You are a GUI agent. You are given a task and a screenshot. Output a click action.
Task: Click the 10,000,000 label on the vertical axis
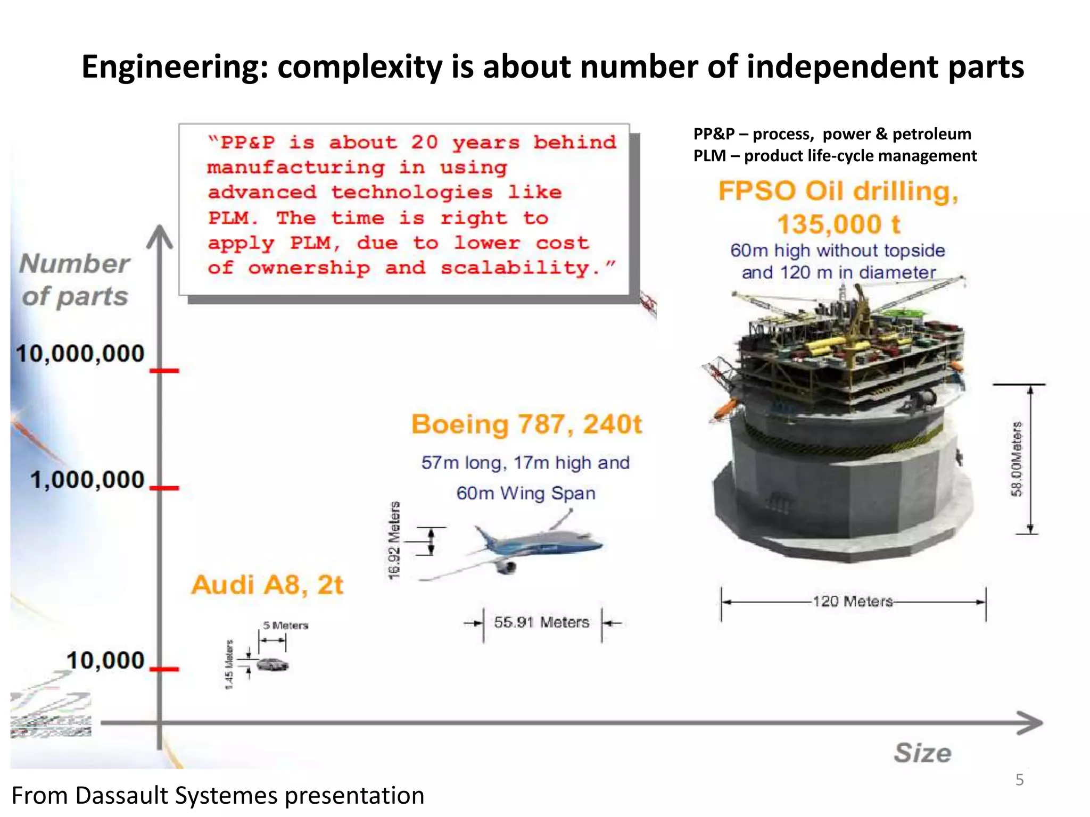(x=80, y=354)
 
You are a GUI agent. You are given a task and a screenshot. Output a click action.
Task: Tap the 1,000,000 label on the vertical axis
(x=87, y=480)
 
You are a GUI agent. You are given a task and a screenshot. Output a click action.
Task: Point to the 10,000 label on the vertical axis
(x=105, y=661)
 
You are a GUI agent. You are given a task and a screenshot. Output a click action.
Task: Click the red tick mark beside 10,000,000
(x=164, y=370)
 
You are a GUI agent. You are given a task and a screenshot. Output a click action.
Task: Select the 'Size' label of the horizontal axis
(x=922, y=753)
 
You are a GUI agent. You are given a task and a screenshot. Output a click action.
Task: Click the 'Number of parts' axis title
(x=75, y=280)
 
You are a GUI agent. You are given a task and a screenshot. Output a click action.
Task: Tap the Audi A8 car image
(x=272, y=664)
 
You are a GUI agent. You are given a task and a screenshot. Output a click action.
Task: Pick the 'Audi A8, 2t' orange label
(x=267, y=585)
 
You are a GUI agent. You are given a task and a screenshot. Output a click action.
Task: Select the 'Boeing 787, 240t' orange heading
(x=526, y=424)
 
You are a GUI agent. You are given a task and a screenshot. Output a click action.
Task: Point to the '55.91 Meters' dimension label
(x=541, y=622)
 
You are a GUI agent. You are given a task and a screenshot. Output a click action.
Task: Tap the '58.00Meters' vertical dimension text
(x=1017, y=458)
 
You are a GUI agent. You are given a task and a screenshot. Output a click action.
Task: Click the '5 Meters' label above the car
(x=285, y=626)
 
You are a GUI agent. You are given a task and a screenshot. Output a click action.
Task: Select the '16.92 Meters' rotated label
(x=394, y=540)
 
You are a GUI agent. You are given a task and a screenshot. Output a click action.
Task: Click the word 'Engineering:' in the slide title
(x=175, y=67)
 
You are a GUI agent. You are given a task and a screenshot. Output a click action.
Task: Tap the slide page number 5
(x=1019, y=780)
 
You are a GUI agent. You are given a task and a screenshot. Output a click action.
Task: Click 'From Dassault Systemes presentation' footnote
(x=218, y=796)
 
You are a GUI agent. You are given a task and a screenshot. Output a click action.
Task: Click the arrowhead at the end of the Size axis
(x=1031, y=723)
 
